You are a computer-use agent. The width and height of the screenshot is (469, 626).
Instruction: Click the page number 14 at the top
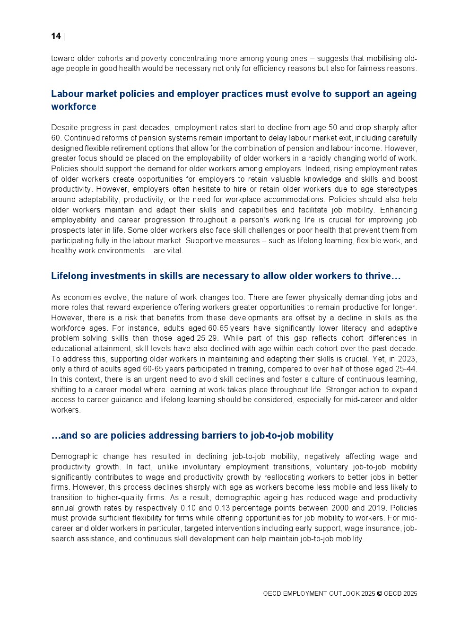point(56,36)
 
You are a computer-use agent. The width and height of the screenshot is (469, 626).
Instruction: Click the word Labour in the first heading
point(66,94)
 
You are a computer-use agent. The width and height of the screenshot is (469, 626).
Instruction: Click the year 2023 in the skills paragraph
point(407,359)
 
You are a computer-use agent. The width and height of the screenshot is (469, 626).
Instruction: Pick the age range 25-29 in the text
point(205,338)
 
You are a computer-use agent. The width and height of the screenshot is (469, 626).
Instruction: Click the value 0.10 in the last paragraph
point(188,508)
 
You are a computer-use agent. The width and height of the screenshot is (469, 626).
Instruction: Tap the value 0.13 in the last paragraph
point(222,508)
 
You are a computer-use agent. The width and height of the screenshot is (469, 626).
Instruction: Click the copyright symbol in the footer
point(379,594)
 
